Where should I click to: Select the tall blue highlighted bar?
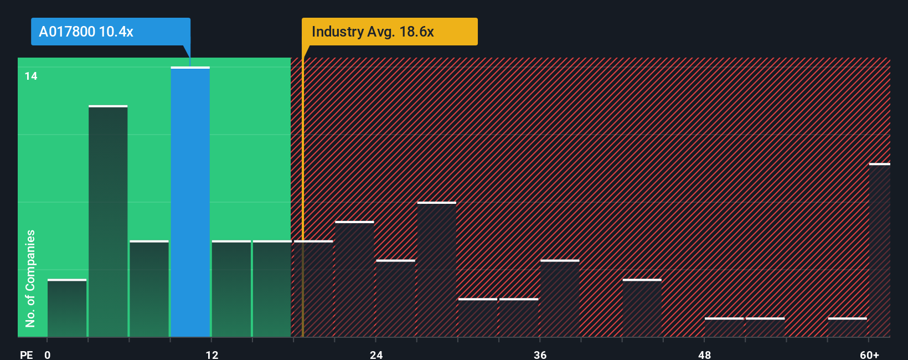[190, 202]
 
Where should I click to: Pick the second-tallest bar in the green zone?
[108, 222]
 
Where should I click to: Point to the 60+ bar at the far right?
[879, 250]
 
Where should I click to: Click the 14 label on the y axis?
[31, 76]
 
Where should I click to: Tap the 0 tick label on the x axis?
[48, 354]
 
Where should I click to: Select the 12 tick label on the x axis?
[212, 354]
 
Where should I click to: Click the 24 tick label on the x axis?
[376, 354]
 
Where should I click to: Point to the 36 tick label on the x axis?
[540, 354]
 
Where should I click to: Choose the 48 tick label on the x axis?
[704, 354]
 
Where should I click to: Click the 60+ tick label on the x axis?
[869, 354]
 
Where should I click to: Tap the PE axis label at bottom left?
[26, 354]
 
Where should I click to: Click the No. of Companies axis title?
[30, 278]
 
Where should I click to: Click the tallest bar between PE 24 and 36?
[437, 270]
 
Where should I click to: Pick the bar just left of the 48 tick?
[642, 308]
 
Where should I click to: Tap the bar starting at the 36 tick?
[560, 299]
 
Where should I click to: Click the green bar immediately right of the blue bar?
[231, 289]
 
